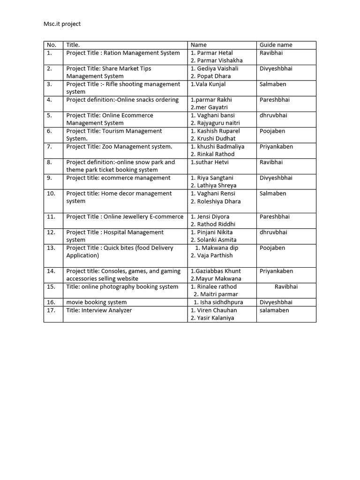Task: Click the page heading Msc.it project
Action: click(65, 24)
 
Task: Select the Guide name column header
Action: click(276, 45)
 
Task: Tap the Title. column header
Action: click(73, 45)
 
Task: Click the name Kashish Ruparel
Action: click(215, 131)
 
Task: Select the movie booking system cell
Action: click(97, 302)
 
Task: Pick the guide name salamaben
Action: click(274, 310)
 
